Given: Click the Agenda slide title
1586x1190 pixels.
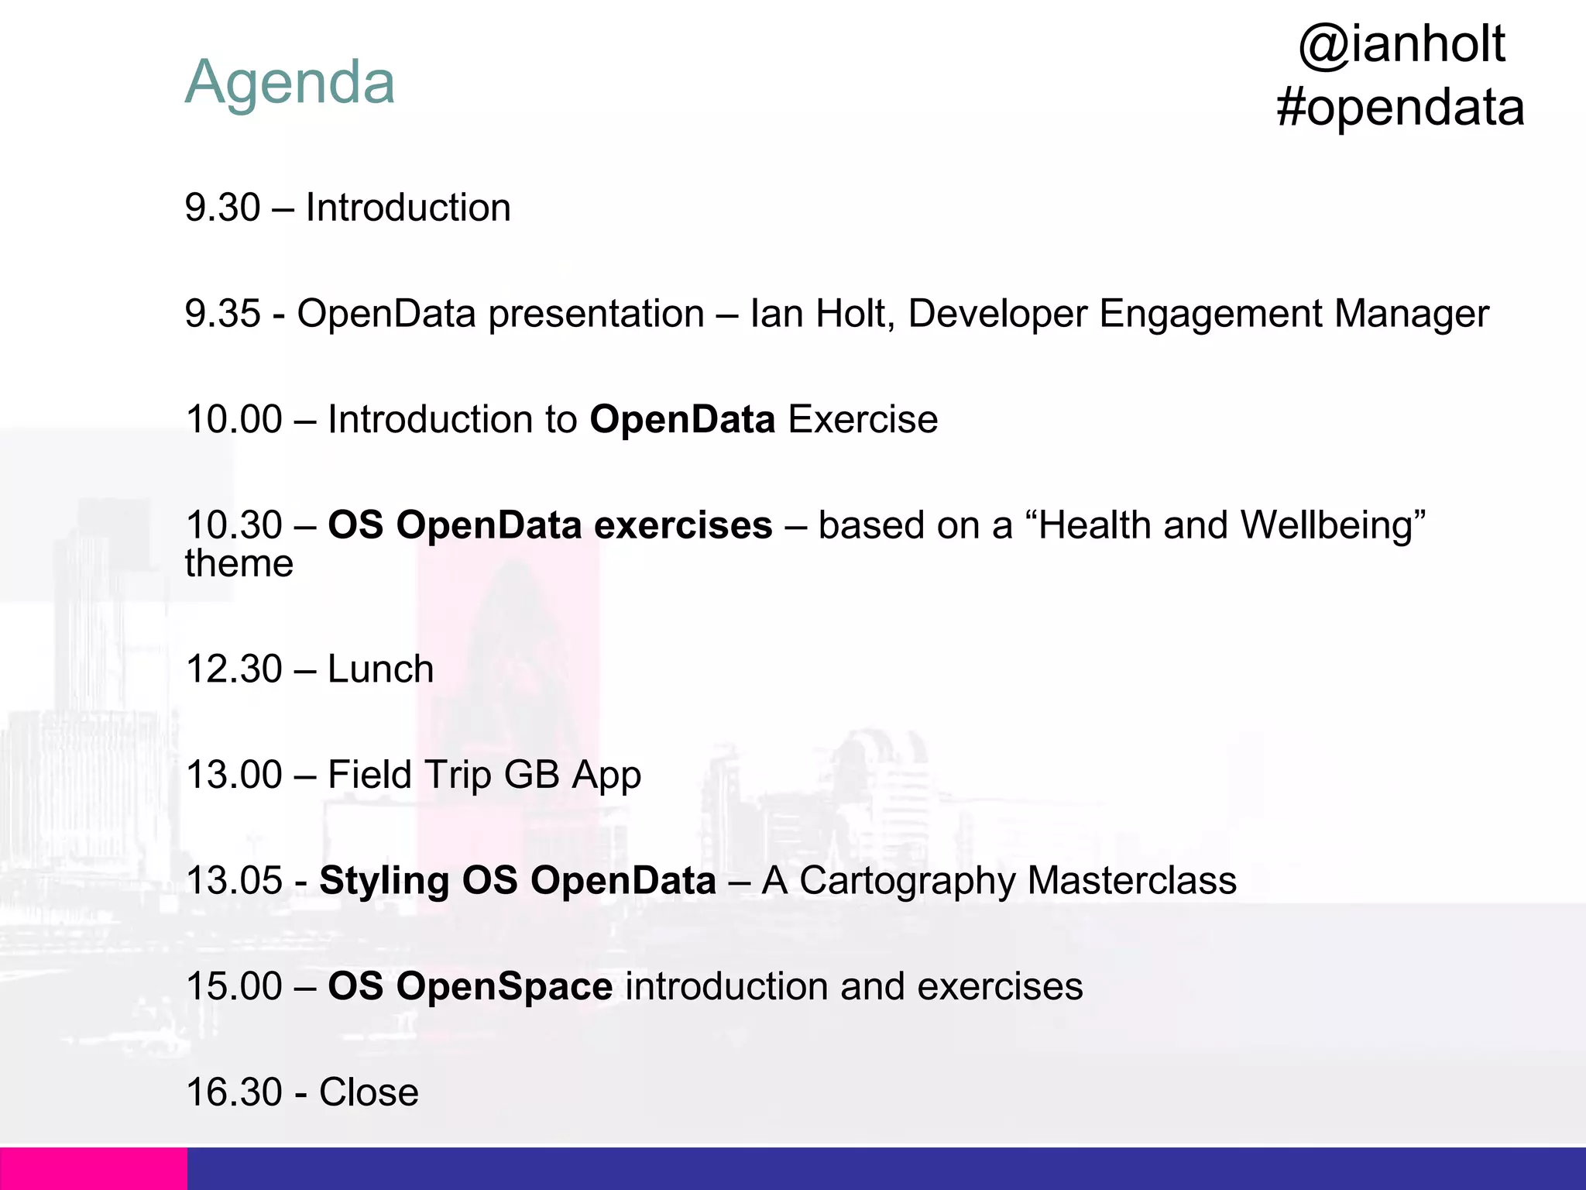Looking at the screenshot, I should coord(290,82).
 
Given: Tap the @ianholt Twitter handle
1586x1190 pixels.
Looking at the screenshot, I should coord(1401,44).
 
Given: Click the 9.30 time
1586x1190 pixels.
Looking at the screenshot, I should coord(222,208).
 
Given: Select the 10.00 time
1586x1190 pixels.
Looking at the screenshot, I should coord(234,420).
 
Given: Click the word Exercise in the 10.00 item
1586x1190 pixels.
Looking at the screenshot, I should coord(863,420).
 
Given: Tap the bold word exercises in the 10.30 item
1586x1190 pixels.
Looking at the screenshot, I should coord(682,525).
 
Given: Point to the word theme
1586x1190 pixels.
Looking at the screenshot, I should coord(239,564).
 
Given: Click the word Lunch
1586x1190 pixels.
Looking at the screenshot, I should coord(380,669).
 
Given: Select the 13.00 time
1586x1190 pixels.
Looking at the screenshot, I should coord(234,775).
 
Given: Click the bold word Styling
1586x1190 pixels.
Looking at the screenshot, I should coord(384,881).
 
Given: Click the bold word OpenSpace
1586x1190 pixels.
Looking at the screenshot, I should coord(505,986).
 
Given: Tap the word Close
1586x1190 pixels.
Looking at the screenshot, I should coord(369,1092).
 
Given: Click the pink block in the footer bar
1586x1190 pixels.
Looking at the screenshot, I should coord(93,1168).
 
